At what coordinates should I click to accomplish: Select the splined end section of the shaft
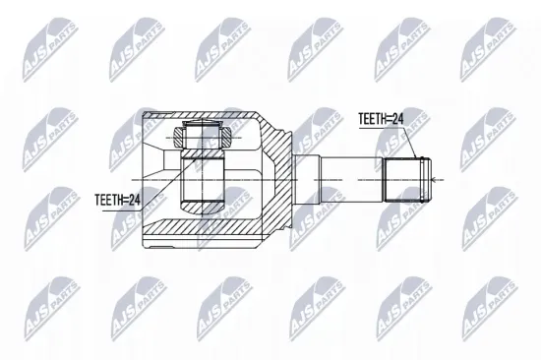(x=402, y=178)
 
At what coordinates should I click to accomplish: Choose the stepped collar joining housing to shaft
(x=304, y=178)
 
